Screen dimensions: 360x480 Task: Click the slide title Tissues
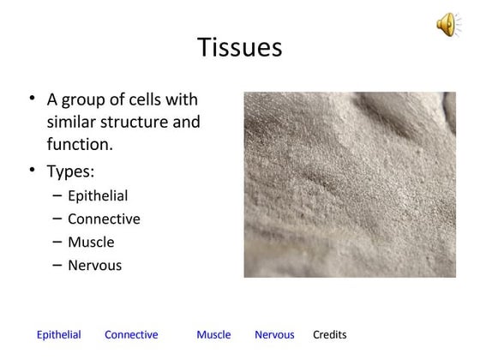[x=239, y=47]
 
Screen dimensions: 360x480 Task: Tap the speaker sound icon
[x=448, y=26]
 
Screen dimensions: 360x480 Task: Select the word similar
[x=75, y=122]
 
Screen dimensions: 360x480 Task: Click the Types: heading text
[x=70, y=171]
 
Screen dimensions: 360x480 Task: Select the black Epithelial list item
[x=97, y=195]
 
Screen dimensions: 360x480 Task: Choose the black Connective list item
[x=104, y=219]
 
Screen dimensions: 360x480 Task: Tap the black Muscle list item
[x=90, y=242]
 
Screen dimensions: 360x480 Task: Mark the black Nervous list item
[x=94, y=265]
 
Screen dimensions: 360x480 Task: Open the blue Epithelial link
[x=58, y=334]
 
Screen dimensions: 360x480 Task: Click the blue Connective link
[x=131, y=334]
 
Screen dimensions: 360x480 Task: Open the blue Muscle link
[x=213, y=334]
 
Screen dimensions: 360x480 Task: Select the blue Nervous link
[x=274, y=334]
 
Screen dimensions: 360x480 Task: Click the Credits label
[x=330, y=334]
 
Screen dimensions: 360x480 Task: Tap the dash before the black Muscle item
[x=57, y=242]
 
